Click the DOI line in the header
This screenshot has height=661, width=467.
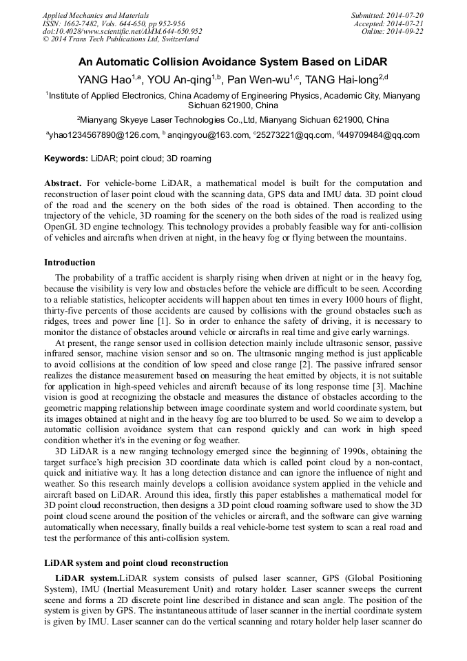click(x=122, y=32)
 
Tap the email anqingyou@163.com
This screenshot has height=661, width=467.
click(x=207, y=136)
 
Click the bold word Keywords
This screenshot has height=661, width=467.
click(x=65, y=159)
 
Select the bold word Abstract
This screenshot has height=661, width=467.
click(x=63, y=183)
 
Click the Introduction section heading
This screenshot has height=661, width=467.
click(x=70, y=263)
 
